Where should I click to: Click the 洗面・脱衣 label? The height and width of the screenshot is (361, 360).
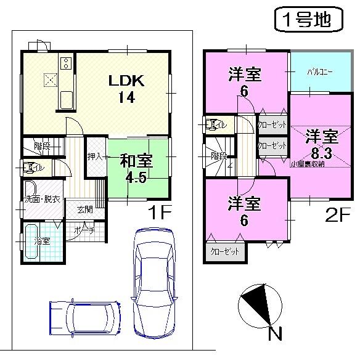point(42,199)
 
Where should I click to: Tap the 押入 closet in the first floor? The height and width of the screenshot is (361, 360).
point(95,157)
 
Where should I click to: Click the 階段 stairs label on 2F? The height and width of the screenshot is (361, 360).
point(218,156)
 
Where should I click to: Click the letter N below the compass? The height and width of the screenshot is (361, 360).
point(275,335)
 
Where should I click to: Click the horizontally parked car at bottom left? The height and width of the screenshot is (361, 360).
point(85,318)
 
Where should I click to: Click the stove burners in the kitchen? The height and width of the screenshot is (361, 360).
point(65,62)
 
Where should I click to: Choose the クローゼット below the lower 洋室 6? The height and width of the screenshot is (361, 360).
point(225,251)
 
